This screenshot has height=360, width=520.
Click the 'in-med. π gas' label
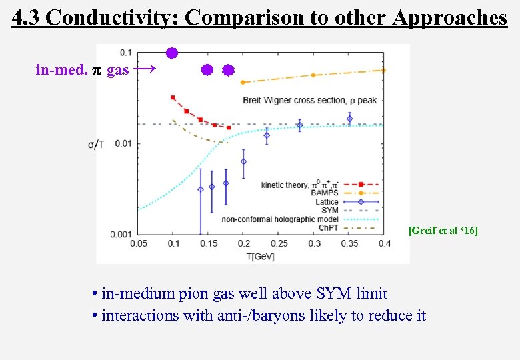[x=82, y=69]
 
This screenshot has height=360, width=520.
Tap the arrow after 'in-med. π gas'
[x=145, y=69]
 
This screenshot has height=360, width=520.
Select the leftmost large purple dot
[x=172, y=53]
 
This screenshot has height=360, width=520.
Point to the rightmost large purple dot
[x=228, y=70]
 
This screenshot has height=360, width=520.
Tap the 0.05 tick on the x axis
[x=138, y=244]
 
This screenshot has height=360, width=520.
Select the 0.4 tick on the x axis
[x=384, y=244]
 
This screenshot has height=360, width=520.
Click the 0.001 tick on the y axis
[x=121, y=234]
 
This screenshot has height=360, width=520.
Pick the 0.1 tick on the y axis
[x=125, y=53]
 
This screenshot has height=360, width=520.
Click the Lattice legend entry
[x=327, y=201]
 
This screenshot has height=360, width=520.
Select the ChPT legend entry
[x=328, y=227]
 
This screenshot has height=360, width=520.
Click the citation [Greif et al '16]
[x=443, y=231]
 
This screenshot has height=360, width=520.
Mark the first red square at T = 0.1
[x=173, y=97]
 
